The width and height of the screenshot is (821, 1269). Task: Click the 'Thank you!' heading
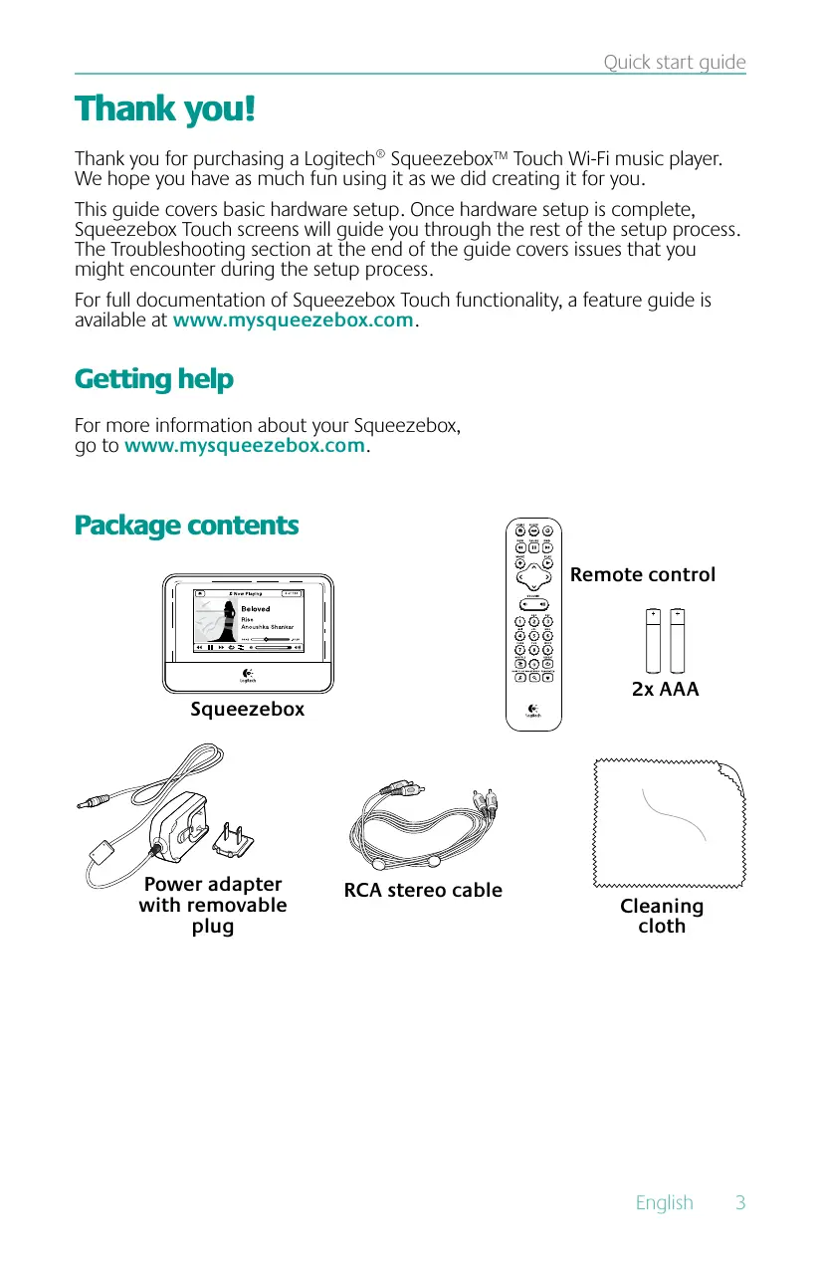pos(165,108)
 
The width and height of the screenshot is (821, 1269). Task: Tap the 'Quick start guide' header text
pos(674,63)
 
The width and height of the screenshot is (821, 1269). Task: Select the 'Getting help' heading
pos(154,379)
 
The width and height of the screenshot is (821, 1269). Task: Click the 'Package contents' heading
pos(186,525)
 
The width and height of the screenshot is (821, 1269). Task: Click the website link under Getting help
pos(244,445)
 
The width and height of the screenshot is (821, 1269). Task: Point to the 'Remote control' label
pos(642,575)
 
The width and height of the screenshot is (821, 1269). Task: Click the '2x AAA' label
pos(665,688)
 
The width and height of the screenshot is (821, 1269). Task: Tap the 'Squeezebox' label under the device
pos(247,710)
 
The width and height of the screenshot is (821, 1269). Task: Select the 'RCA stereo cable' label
pos(423,890)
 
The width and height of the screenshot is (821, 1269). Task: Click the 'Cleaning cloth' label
pos(662,916)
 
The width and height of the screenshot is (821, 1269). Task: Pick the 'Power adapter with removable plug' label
pos(213,905)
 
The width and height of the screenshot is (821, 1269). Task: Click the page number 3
pos(739,1202)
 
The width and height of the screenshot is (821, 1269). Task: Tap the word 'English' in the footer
pos(664,1202)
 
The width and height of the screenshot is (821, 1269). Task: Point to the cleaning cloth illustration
pos(663,823)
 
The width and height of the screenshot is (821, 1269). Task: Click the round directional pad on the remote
pos(533,574)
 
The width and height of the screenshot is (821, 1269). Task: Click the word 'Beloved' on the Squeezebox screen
pos(256,608)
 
